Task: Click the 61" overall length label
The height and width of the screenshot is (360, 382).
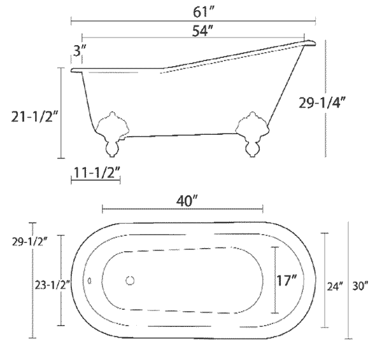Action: pyautogui.click(x=203, y=12)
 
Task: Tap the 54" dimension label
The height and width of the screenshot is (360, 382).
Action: pyautogui.click(x=202, y=31)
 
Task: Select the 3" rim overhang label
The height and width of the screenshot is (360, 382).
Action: pyautogui.click(x=80, y=51)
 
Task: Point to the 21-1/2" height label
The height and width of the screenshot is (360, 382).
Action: pyautogui.click(x=34, y=116)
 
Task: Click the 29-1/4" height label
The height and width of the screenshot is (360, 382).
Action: pyautogui.click(x=322, y=102)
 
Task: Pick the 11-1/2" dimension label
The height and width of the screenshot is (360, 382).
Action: pyautogui.click(x=97, y=172)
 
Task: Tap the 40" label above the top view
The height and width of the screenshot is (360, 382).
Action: pyautogui.click(x=187, y=202)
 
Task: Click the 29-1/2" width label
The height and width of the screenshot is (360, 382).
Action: pyautogui.click(x=29, y=242)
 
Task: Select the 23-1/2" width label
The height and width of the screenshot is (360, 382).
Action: pyautogui.click(x=52, y=285)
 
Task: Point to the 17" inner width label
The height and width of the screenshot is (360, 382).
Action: pyautogui.click(x=286, y=280)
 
